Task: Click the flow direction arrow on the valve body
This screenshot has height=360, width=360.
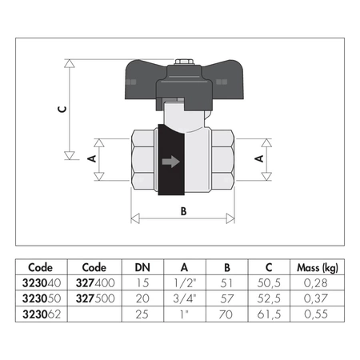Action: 170,162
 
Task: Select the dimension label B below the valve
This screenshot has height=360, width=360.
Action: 183,212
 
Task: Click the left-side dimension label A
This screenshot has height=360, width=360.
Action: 91,159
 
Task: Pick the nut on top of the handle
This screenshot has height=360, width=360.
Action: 183,61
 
